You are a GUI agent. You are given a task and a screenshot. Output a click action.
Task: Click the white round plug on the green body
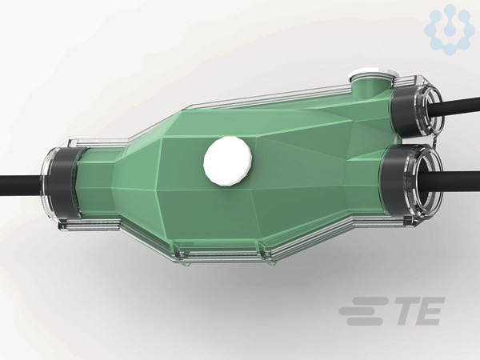point(228,161)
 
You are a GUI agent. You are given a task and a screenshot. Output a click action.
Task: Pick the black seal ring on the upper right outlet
point(406,112)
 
